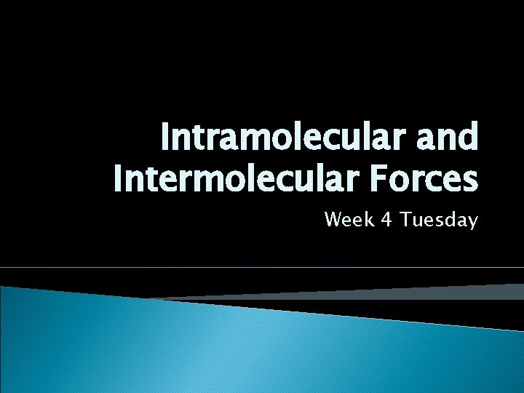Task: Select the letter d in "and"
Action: (469, 136)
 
